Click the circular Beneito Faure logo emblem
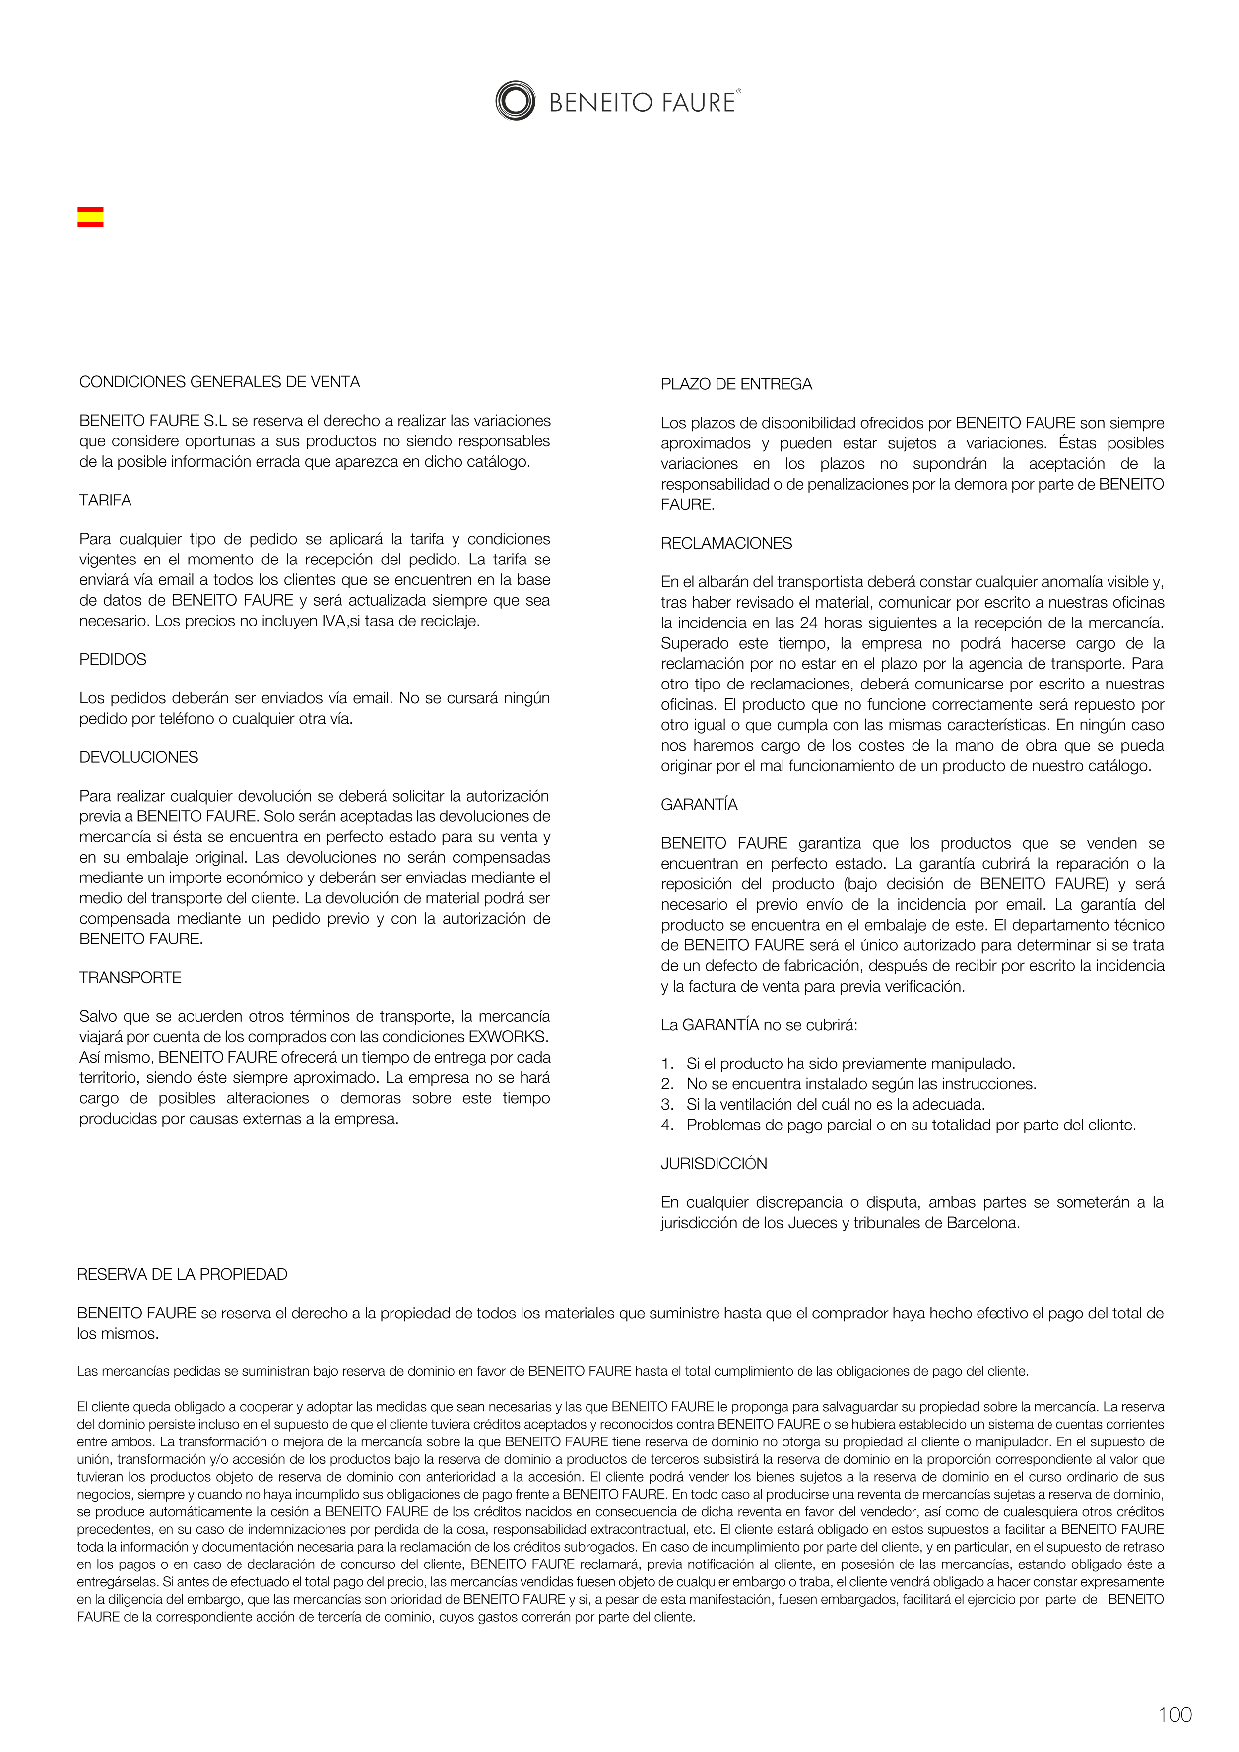click(515, 101)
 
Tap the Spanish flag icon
click(90, 217)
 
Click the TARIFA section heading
click(105, 500)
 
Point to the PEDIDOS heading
click(113, 659)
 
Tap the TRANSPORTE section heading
click(130, 978)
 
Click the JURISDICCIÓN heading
click(714, 1164)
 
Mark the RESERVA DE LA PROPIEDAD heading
click(182, 1274)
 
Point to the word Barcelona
click(982, 1223)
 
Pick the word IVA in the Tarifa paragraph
click(333, 621)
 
